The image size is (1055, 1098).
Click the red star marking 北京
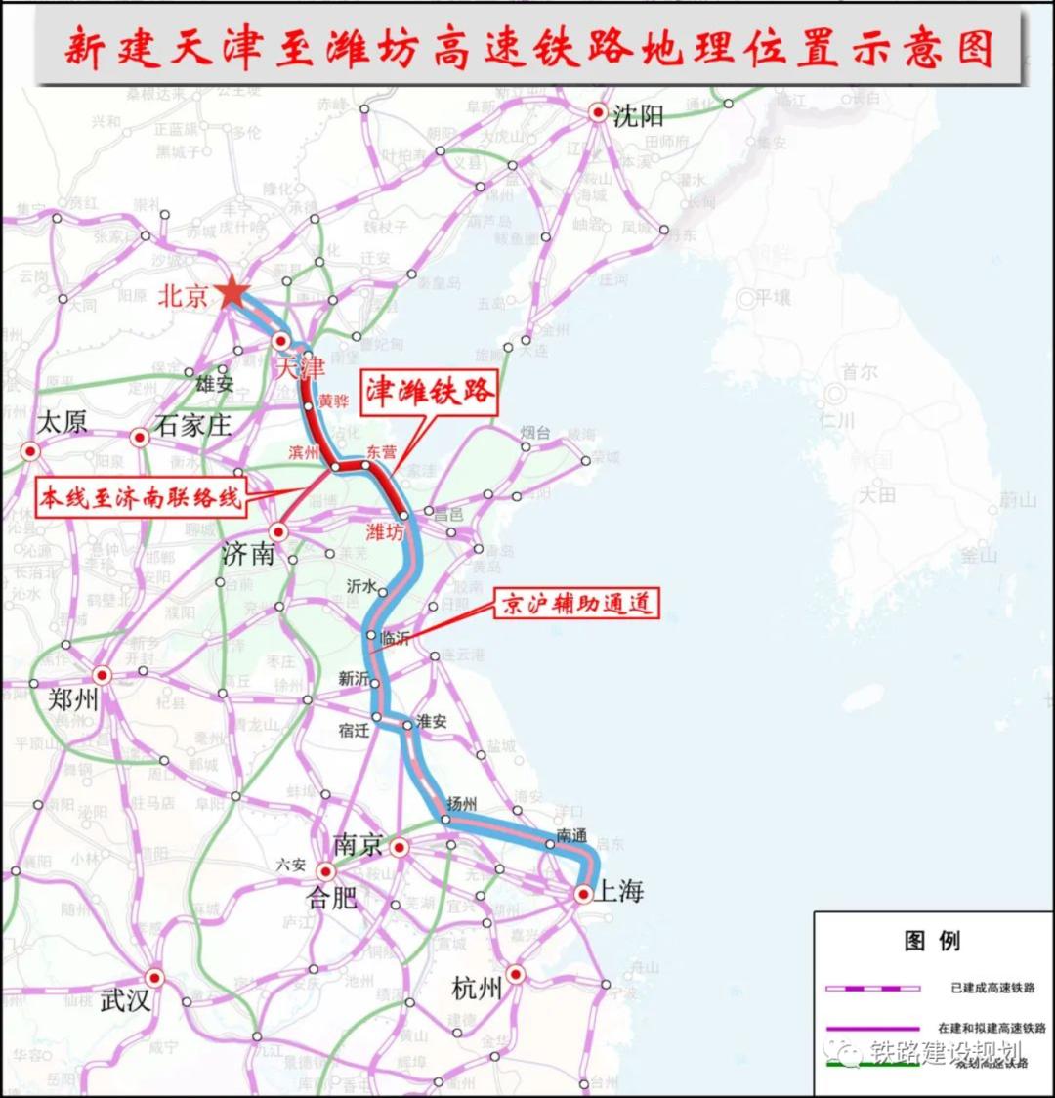click(232, 292)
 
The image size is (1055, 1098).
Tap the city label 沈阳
click(638, 116)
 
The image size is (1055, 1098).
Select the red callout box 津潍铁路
click(430, 391)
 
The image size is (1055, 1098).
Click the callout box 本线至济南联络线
click(140, 498)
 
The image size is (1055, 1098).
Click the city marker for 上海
click(583, 893)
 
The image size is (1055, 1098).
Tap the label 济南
click(248, 554)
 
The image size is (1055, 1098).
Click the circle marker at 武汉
click(154, 977)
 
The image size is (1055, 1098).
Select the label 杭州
click(477, 989)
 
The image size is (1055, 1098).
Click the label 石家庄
click(193, 426)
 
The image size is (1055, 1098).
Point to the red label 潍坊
click(384, 532)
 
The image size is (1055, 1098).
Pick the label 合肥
click(332, 898)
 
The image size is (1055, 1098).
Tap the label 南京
click(358, 845)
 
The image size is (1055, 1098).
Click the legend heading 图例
click(933, 941)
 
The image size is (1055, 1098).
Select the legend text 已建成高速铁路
click(992, 989)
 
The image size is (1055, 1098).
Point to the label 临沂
click(395, 638)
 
